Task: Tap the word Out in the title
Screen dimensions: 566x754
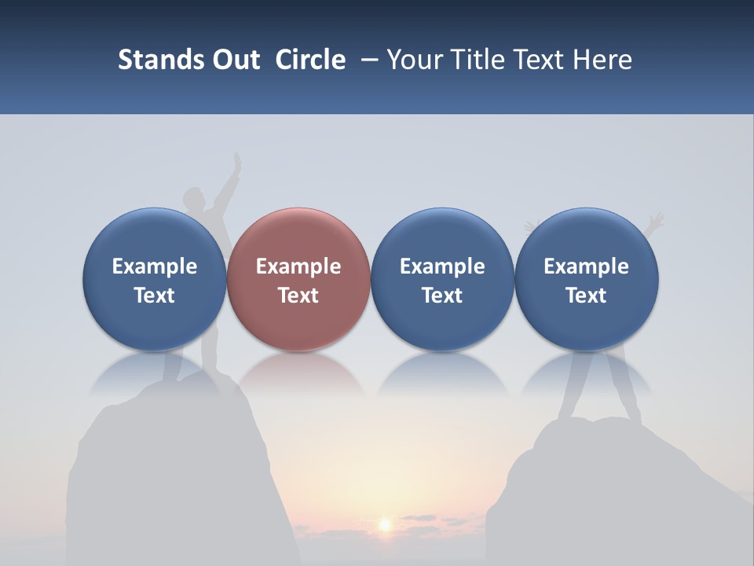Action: coord(232,60)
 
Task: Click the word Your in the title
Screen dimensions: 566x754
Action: coord(413,60)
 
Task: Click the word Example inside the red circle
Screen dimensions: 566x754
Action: coord(298,266)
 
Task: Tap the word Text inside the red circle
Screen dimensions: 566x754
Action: coord(298,296)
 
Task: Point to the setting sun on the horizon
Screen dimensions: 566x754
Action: coord(385,524)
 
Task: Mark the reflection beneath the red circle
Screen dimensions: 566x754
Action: coord(298,373)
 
